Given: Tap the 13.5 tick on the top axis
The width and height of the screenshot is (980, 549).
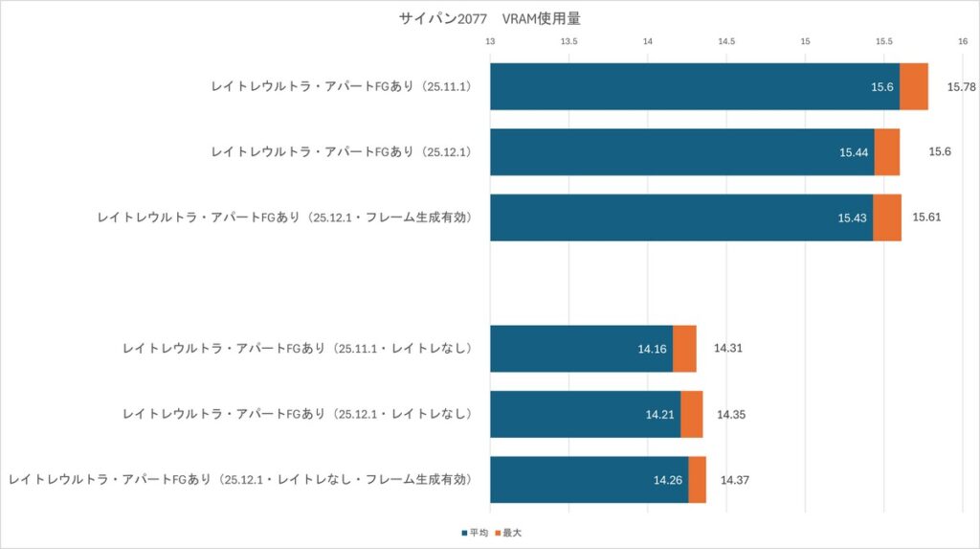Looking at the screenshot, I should pyautogui.click(x=568, y=41).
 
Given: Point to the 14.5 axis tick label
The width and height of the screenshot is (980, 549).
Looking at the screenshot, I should pyautogui.click(x=726, y=41).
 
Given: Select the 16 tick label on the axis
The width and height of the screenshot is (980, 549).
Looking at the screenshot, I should pyautogui.click(x=962, y=41).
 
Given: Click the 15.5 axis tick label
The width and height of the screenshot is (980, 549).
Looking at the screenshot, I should pyautogui.click(x=883, y=41).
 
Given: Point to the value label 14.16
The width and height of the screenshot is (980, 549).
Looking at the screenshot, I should pyautogui.click(x=652, y=349).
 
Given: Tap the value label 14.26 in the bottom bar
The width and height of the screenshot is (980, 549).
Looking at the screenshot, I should pyautogui.click(x=668, y=480).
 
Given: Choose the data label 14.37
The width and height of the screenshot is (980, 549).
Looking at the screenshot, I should pyautogui.click(x=736, y=480).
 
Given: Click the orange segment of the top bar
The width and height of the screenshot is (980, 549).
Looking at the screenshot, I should pyautogui.click(x=914, y=86).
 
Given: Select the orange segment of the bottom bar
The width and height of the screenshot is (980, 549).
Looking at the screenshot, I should pyautogui.click(x=697, y=480).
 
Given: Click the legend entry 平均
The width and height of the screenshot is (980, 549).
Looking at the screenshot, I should pyautogui.click(x=475, y=532).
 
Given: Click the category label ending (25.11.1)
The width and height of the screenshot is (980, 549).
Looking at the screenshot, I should pyautogui.click(x=350, y=86).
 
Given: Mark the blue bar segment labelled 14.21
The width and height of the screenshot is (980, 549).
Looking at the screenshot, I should pyautogui.click(x=585, y=414).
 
